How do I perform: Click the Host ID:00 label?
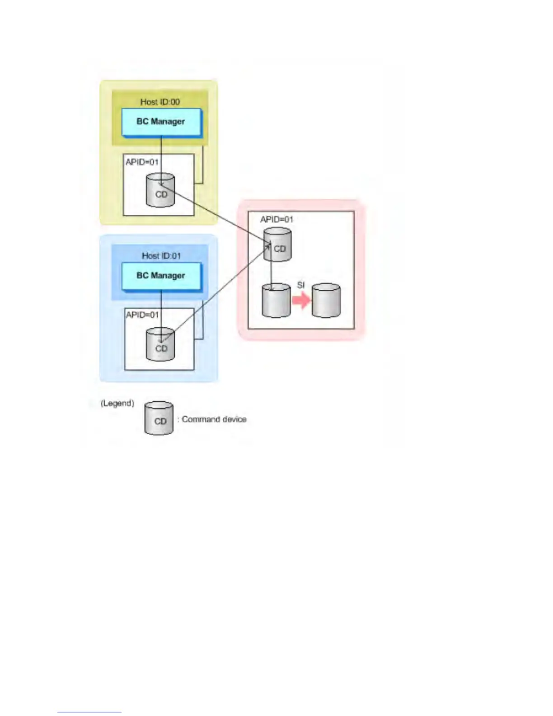coord(160,102)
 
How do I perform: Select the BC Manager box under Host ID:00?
coord(161,122)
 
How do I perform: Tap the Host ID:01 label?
coord(161,256)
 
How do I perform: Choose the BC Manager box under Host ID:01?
coord(161,276)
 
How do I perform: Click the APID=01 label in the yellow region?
coord(142,162)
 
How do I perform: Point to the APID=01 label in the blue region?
coord(142,315)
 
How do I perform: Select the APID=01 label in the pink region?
coord(276,219)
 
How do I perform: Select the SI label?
coord(301,285)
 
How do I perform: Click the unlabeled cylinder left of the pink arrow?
coord(276,301)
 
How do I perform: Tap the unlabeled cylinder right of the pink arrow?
coord(326,301)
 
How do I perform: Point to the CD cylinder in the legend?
coord(159,419)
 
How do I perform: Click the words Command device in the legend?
coord(214,419)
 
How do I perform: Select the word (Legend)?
coord(117,403)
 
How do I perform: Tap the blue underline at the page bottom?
coord(89,712)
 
